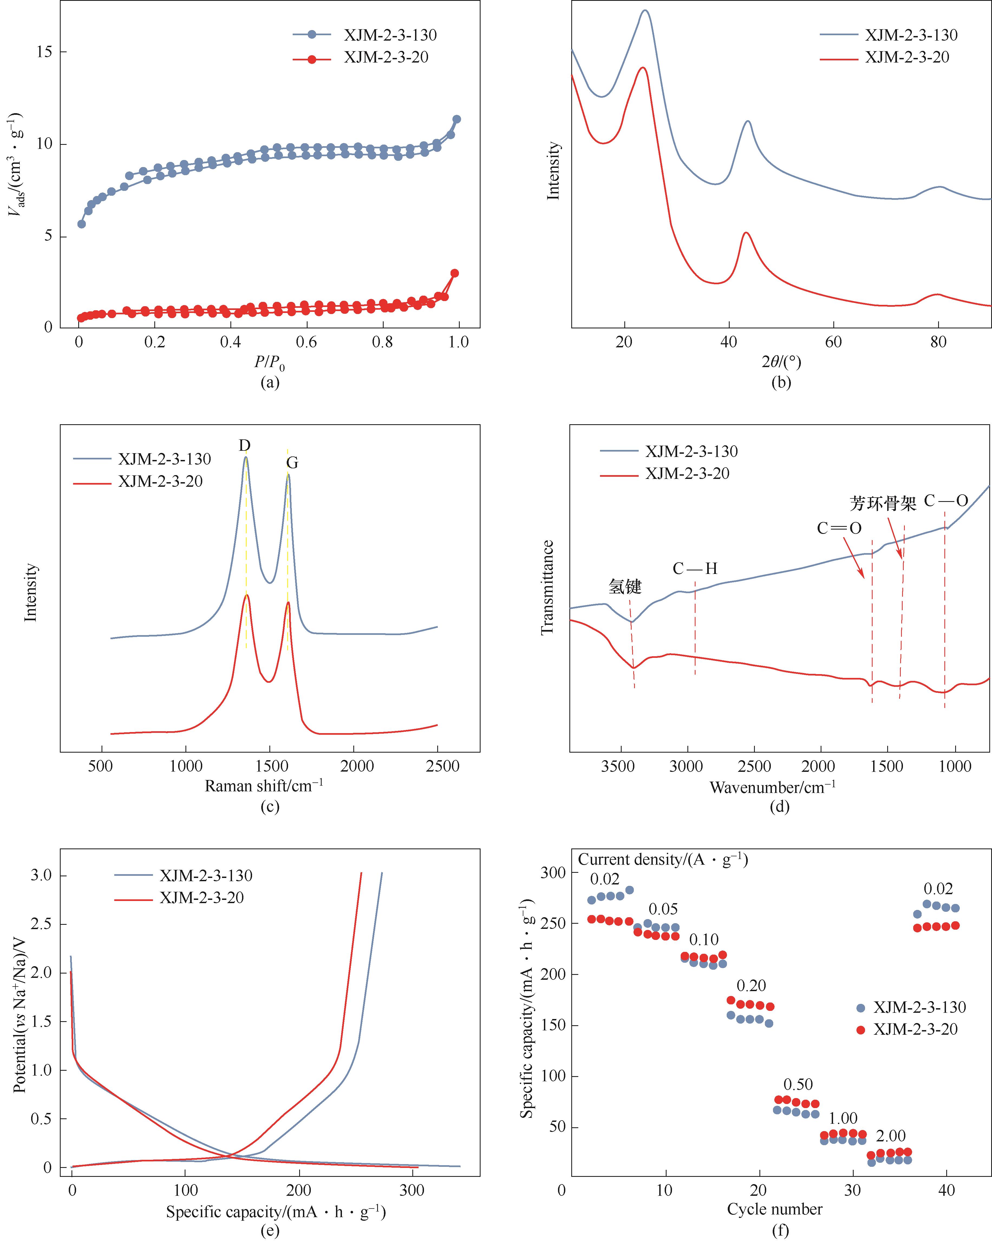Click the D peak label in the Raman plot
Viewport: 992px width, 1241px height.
pyautogui.click(x=245, y=446)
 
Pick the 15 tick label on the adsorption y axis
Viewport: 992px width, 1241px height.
pyautogui.click(x=44, y=52)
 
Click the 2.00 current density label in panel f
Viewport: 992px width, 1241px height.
pyautogui.click(x=891, y=1136)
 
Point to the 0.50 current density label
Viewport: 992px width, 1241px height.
pyautogui.click(x=798, y=1085)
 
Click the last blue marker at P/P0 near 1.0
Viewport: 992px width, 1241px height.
pyautogui.click(x=456, y=119)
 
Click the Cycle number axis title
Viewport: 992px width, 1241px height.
pyautogui.click(x=774, y=1209)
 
